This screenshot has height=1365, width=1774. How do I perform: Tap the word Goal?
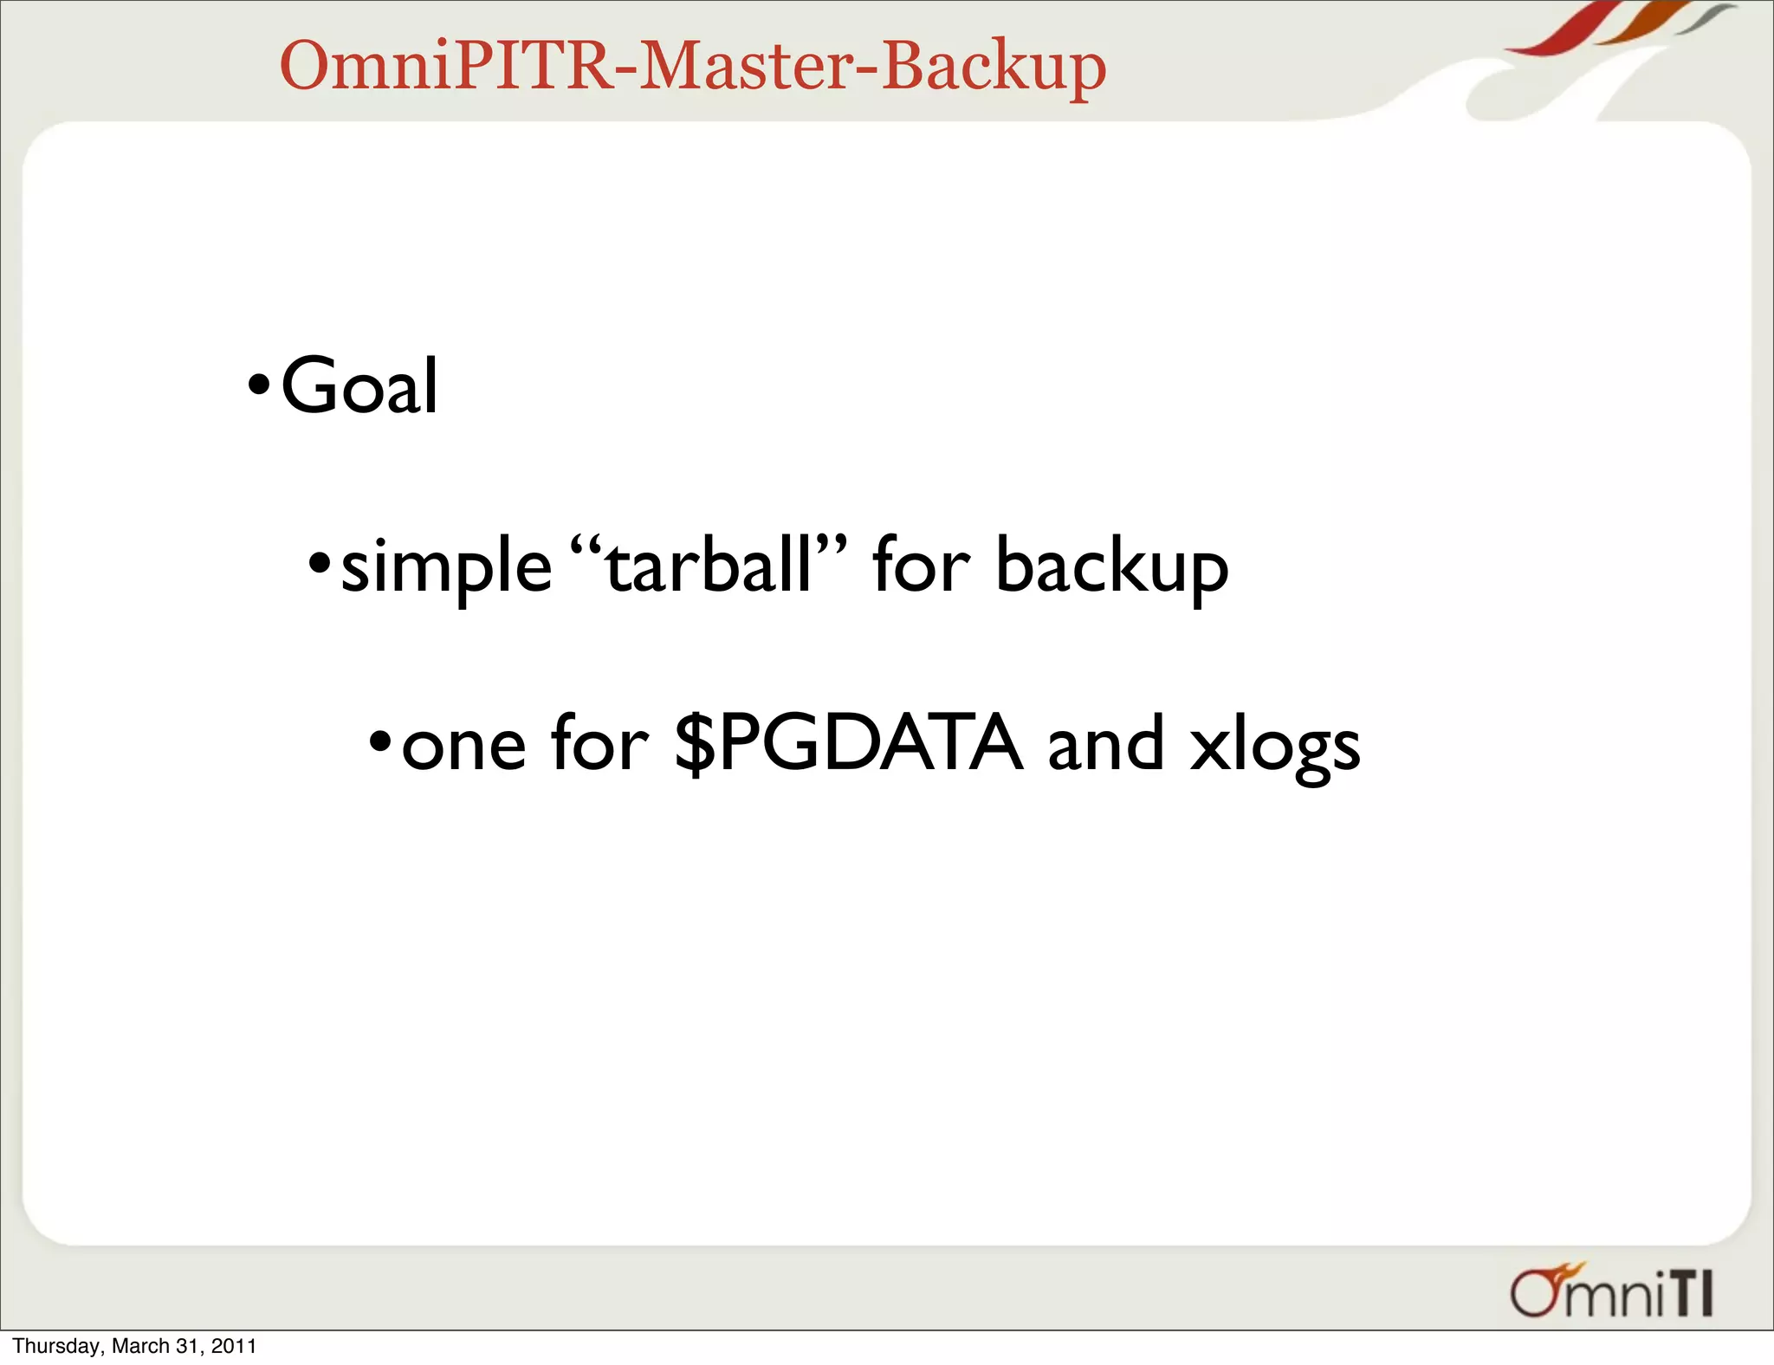click(x=359, y=386)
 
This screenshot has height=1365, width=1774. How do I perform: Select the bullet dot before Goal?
click(x=259, y=384)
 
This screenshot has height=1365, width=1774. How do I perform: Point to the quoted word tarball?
click(x=709, y=565)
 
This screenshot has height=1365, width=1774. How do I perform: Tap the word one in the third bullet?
click(x=464, y=745)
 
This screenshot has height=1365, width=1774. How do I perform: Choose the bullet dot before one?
click(x=380, y=742)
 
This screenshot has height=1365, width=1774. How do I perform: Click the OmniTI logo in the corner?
click(x=1612, y=1292)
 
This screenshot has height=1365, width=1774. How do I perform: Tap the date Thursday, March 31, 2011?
click(x=135, y=1346)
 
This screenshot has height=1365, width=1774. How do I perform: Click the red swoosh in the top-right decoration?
click(x=1568, y=30)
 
